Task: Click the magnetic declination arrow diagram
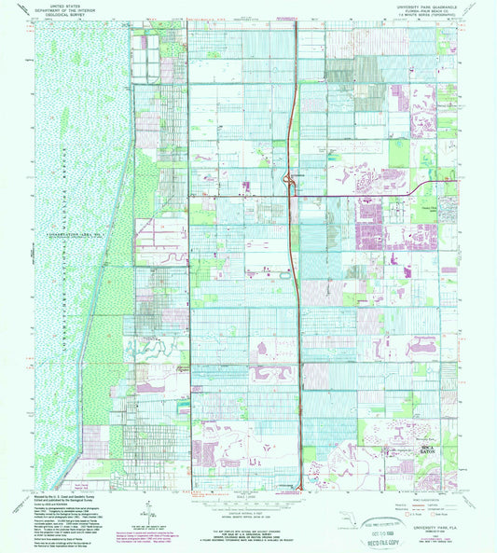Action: tap(140, 510)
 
